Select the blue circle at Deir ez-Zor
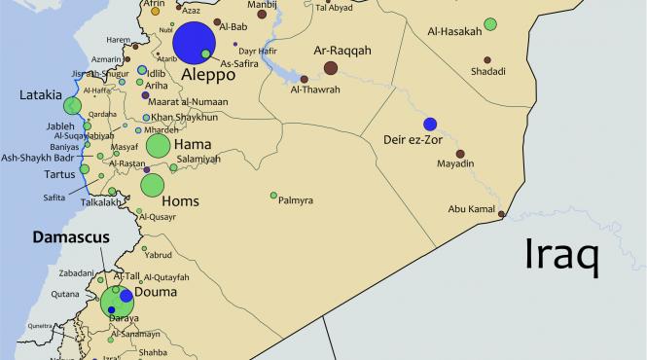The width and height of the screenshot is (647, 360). (x=430, y=124)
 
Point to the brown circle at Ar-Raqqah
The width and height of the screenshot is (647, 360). (x=330, y=67)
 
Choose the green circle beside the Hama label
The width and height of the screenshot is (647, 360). (x=158, y=146)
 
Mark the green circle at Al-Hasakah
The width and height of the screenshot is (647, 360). (x=490, y=23)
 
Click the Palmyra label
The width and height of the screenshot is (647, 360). (x=296, y=200)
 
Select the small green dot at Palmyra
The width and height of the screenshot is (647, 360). (x=273, y=196)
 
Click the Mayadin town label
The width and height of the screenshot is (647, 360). (x=455, y=163)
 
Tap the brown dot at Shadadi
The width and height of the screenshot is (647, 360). (x=487, y=59)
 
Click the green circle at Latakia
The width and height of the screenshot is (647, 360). (x=71, y=107)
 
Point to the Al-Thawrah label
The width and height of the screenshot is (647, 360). (x=315, y=90)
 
